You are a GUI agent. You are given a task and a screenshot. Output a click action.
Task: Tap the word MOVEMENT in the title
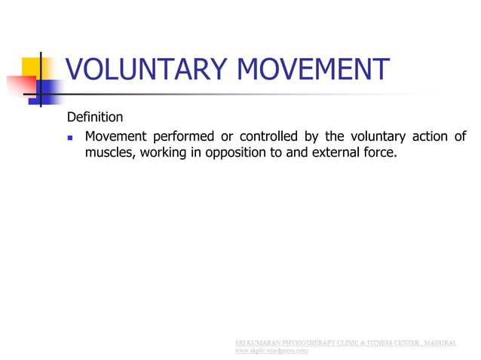point(314,71)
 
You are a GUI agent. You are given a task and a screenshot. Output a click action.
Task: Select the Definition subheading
point(95,117)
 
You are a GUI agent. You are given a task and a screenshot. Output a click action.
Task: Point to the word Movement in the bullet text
point(115,137)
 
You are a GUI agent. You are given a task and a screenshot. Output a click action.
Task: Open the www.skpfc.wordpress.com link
point(272,350)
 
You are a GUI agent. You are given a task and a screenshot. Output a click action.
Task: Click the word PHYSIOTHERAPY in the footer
point(311,343)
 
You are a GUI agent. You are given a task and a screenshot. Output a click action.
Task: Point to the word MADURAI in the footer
point(440,343)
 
